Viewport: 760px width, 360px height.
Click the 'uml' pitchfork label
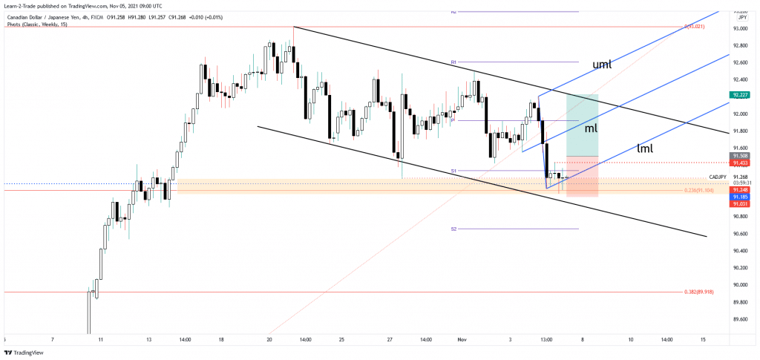[602, 65]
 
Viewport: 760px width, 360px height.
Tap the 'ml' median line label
[590, 128]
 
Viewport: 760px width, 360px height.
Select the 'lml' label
[645, 148]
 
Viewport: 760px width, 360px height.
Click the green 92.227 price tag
[739, 95]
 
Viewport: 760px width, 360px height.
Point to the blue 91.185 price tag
[739, 197]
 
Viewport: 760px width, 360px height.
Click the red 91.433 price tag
[739, 163]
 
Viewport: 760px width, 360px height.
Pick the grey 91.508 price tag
[739, 156]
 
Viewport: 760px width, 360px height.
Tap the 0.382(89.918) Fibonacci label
[698, 292]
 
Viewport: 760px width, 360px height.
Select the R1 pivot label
[453, 62]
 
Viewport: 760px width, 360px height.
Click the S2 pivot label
[453, 229]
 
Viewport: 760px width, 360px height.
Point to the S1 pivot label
[453, 171]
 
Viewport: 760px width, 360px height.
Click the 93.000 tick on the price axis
[740, 28]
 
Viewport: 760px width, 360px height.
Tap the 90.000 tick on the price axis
[740, 285]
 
